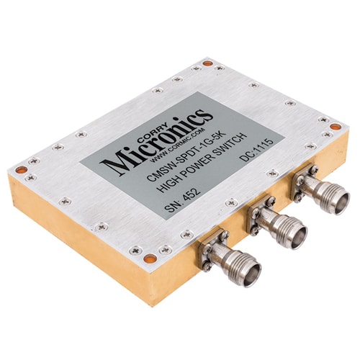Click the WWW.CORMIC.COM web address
(x=179, y=145)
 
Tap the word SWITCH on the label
(x=230, y=145)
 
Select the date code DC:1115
(x=257, y=150)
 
